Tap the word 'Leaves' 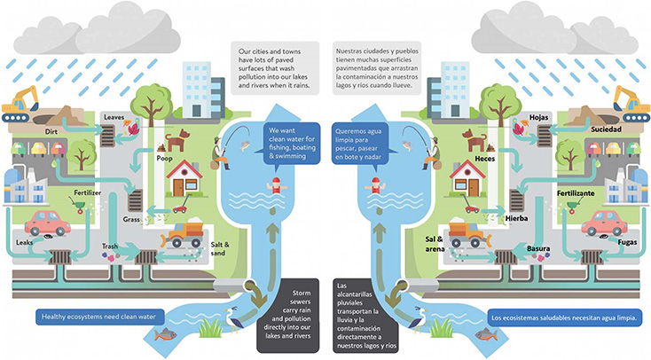[114, 117]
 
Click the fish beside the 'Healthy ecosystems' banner [165, 335]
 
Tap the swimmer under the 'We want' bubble [278, 187]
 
